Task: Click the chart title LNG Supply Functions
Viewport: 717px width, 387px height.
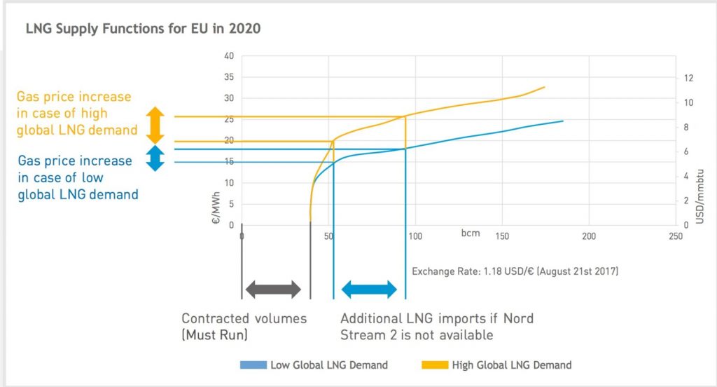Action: pyautogui.click(x=143, y=29)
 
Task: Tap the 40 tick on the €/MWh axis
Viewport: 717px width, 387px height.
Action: pyautogui.click(x=228, y=55)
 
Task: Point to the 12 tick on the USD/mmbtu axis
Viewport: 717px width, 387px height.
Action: pyautogui.click(x=688, y=77)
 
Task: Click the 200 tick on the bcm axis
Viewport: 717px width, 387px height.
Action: pyautogui.click(x=589, y=236)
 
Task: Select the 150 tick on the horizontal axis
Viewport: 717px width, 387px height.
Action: pyautogui.click(x=501, y=236)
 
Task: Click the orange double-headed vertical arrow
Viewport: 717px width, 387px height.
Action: pyautogui.click(x=155, y=125)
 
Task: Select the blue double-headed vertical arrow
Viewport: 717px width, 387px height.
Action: pyautogui.click(x=155, y=158)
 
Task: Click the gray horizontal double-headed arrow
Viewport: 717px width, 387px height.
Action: pyautogui.click(x=272, y=289)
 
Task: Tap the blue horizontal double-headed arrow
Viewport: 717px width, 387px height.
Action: pyautogui.click(x=369, y=289)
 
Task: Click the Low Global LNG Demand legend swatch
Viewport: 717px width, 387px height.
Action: pyautogui.click(x=253, y=365)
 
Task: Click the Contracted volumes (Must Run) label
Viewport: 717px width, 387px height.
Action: pyautogui.click(x=244, y=326)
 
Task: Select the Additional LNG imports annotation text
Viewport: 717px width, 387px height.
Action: pyautogui.click(x=437, y=326)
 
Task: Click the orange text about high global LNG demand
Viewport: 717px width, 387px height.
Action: pyautogui.click(x=74, y=112)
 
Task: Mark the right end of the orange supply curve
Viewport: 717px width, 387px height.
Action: pyautogui.click(x=544, y=87)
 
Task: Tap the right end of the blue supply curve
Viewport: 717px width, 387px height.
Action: pyautogui.click(x=563, y=121)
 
